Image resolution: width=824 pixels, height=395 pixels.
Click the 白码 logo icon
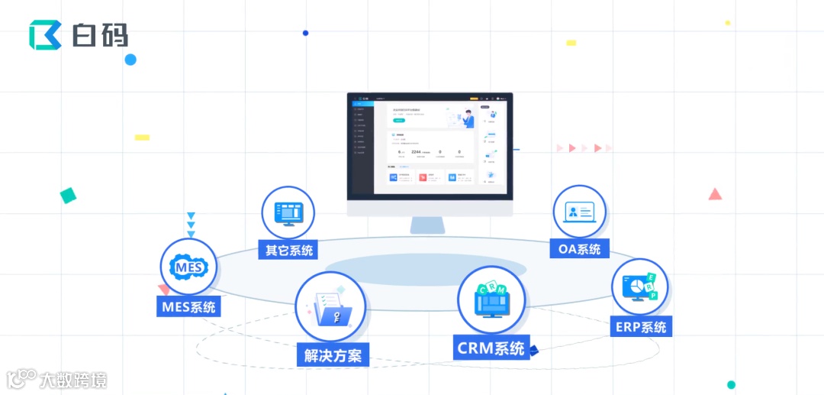click(45, 35)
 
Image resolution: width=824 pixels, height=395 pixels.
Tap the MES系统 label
click(188, 308)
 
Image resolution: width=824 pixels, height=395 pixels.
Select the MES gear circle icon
click(188, 267)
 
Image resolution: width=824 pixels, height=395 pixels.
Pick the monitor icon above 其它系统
click(288, 213)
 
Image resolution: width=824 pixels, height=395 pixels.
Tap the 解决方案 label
click(333, 355)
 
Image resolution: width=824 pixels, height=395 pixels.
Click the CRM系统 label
click(491, 348)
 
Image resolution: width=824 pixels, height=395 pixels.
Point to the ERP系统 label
click(641, 327)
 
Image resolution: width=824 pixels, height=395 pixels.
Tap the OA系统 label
click(578, 248)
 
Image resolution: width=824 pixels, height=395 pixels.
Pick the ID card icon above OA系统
click(579, 212)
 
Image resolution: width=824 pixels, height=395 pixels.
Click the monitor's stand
click(429, 225)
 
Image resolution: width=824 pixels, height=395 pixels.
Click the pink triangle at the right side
click(715, 195)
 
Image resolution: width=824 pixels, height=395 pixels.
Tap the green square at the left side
click(68, 196)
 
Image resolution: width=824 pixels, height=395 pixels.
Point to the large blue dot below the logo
click(130, 60)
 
